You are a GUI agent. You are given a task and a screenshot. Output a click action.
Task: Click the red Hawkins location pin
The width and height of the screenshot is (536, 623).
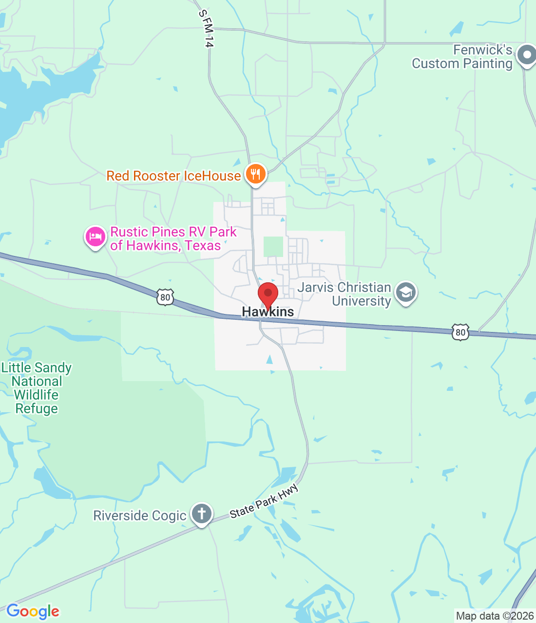coord(268,294)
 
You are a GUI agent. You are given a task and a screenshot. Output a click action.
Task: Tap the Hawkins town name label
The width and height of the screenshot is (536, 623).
coord(268,312)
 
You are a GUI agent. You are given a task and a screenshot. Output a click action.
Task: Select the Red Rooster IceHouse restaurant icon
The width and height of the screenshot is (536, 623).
coord(255,174)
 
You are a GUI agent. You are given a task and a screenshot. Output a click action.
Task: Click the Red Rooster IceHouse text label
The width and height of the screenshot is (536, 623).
coord(173,176)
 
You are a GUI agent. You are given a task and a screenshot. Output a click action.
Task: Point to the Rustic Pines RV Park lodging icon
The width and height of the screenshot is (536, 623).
coord(96,237)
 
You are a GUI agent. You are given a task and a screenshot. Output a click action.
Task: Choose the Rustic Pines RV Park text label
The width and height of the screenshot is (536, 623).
coord(173,238)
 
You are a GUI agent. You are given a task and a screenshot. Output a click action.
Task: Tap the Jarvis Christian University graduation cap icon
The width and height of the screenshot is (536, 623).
coord(405,293)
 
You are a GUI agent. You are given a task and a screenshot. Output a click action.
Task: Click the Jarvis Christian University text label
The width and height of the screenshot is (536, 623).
coord(345,294)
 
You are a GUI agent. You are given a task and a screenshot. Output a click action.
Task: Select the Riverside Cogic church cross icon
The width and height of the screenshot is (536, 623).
coord(201,513)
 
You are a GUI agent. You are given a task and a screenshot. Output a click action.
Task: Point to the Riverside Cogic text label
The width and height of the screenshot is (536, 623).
coord(140,515)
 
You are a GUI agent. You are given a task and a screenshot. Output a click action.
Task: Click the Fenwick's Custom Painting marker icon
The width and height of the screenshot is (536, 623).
coord(526,55)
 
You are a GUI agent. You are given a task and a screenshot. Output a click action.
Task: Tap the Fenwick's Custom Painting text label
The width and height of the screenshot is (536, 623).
coord(462,56)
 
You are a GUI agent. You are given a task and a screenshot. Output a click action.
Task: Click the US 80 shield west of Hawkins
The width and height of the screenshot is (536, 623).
coord(165,296)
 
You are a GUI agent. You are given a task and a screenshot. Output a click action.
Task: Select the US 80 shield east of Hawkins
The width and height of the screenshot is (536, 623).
coord(460,332)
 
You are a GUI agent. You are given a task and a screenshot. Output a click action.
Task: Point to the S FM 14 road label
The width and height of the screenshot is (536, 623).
coord(206,29)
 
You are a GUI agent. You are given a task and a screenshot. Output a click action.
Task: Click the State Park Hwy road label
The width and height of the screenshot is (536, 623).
coord(264,502)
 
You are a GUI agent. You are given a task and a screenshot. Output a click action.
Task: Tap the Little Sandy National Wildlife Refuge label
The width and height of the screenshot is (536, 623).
coord(37,388)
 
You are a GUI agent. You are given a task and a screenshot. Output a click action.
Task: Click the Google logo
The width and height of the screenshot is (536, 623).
coord(33,611)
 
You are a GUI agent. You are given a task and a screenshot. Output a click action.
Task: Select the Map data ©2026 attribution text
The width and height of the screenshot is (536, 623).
coord(495,616)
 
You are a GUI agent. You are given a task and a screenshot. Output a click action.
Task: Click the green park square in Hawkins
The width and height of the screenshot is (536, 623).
coord(273,247)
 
